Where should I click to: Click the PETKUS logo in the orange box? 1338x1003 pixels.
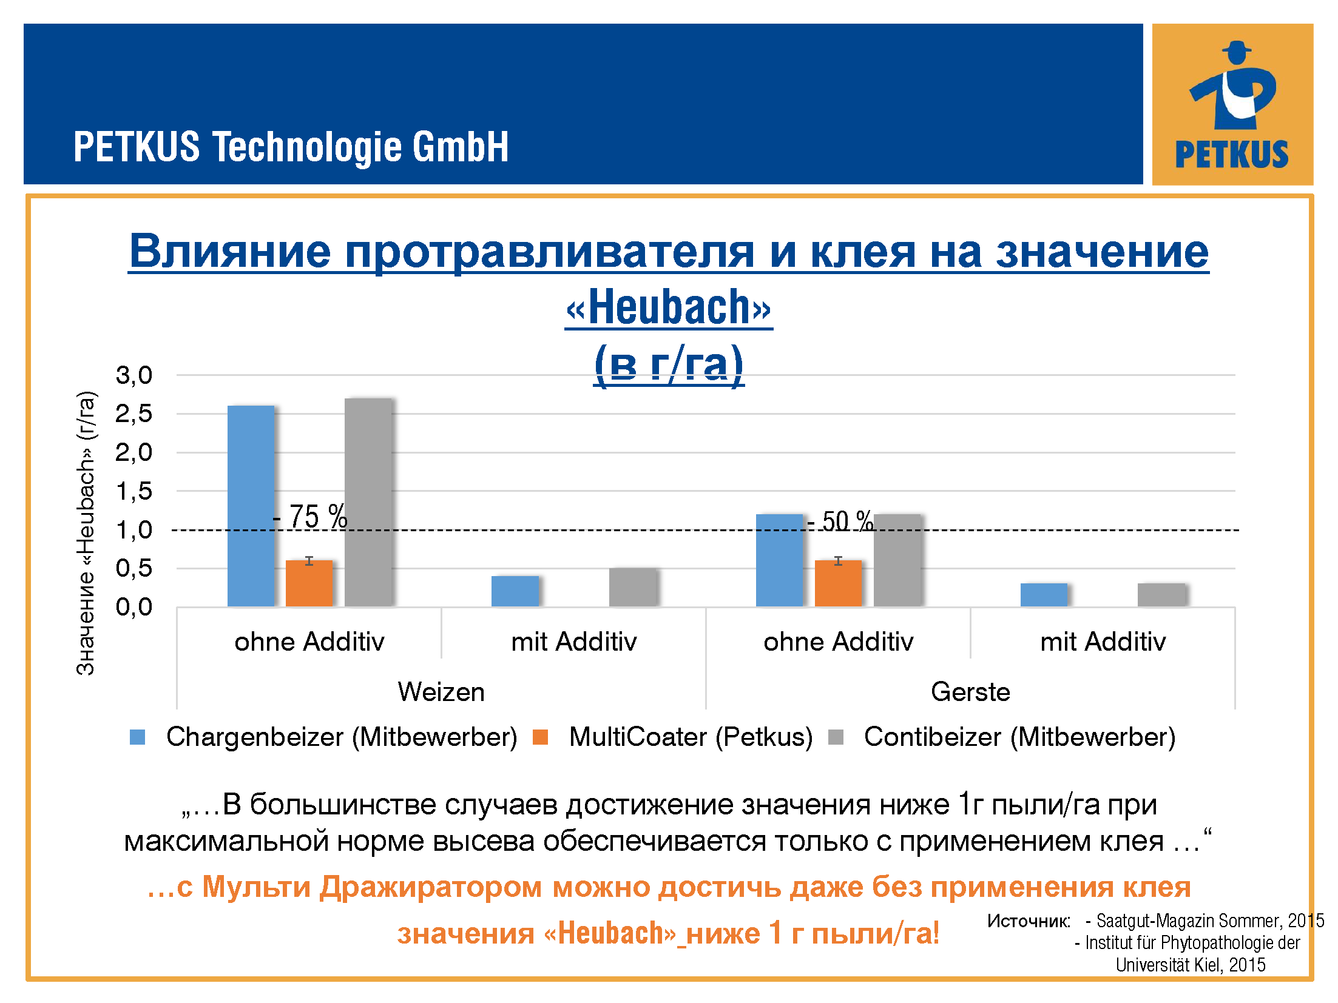[1232, 104]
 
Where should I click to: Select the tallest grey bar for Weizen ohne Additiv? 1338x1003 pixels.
[368, 502]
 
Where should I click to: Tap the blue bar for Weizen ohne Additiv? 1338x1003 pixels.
[251, 506]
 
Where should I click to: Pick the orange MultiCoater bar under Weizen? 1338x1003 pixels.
[309, 583]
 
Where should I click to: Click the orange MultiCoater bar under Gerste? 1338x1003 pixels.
[838, 583]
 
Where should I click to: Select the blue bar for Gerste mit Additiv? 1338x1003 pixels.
[1044, 595]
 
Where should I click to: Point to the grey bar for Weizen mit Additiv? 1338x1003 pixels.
[633, 587]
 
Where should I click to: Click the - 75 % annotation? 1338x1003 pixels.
[310, 517]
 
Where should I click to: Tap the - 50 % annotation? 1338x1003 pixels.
[840, 521]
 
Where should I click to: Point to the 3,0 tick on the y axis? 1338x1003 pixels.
[134, 375]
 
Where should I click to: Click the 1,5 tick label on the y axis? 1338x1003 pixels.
[134, 491]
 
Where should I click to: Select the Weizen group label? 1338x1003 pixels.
[441, 692]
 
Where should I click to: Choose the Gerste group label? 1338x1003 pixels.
[970, 692]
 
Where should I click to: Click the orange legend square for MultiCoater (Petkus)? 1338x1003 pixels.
[540, 737]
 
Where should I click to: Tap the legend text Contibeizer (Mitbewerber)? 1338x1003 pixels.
[1019, 737]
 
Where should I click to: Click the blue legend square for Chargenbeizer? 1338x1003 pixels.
[138, 737]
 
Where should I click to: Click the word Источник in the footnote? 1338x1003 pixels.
[1028, 921]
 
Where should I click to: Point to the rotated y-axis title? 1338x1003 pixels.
[86, 533]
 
